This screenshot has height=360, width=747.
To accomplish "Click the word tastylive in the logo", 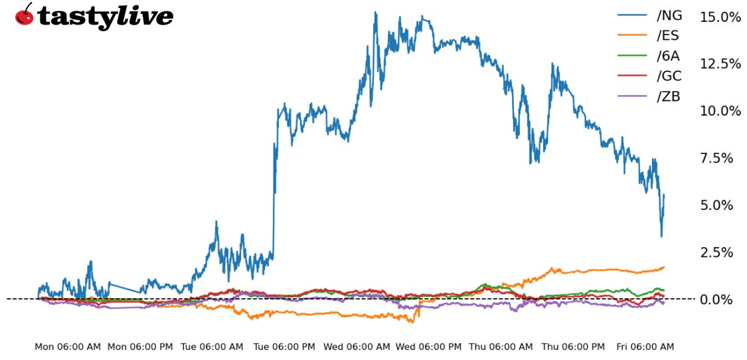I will coord(105,16).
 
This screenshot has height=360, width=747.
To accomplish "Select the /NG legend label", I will coord(669,15).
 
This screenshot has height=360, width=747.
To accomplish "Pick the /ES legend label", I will coord(668,36).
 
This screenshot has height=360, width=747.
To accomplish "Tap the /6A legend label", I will coord(668,56).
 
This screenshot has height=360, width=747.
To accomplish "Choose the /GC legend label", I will coord(669,76).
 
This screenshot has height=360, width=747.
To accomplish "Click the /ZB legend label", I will coord(669,96).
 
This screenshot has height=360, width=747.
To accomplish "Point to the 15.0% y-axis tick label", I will coord(720,17).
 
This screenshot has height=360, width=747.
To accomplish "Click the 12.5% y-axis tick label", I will coord(720,64).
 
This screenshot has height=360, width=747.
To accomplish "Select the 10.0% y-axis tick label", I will coord(720,111).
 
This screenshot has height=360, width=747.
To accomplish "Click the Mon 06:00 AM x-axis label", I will coord(68,347).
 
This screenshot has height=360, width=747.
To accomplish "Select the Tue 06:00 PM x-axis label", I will coord(284,347).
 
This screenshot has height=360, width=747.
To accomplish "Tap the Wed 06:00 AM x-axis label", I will coord(357,347).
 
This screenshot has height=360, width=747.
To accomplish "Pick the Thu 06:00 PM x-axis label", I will coord(573,347).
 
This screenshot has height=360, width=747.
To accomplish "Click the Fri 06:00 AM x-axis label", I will coord(645,347).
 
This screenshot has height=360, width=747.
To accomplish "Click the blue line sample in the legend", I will coord(633,15).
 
